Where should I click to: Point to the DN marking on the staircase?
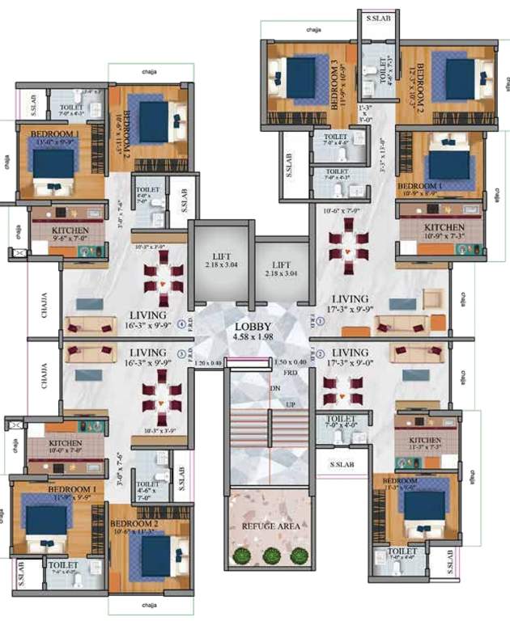point(274,388)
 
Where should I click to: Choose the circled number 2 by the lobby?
point(320,354)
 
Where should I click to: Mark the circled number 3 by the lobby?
point(180,354)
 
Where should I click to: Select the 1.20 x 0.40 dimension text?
point(207,363)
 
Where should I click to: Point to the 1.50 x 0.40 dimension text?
point(290,363)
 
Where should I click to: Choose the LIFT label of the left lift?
point(212,254)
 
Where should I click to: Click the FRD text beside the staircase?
point(289,374)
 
